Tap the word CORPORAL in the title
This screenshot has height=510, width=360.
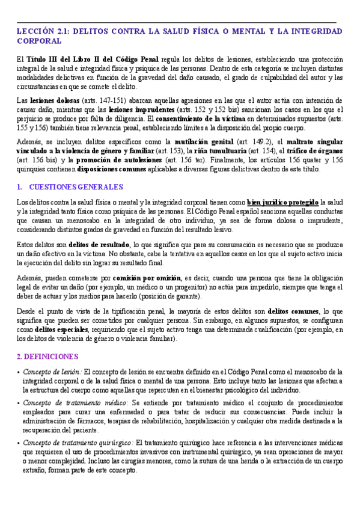(x=40, y=41)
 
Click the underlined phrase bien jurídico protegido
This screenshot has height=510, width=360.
(x=282, y=203)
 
